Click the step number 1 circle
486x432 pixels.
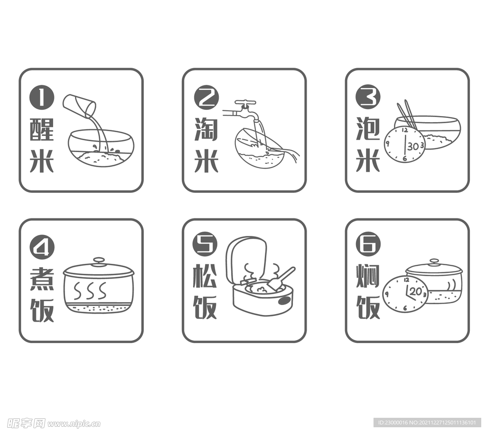tap(42, 98)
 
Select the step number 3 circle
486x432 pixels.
tap(368, 98)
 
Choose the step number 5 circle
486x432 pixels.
tap(205, 244)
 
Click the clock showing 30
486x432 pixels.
tap(404, 144)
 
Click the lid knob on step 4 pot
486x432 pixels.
tap(99, 261)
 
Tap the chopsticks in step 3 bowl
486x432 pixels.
tap(406, 114)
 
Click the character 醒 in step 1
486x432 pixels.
tap(42, 129)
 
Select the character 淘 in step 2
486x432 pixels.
tap(206, 129)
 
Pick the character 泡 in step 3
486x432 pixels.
tap(368, 129)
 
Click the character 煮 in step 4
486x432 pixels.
tap(42, 279)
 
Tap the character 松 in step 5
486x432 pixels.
tap(205, 276)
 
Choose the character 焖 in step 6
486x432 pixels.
tap(368, 276)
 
